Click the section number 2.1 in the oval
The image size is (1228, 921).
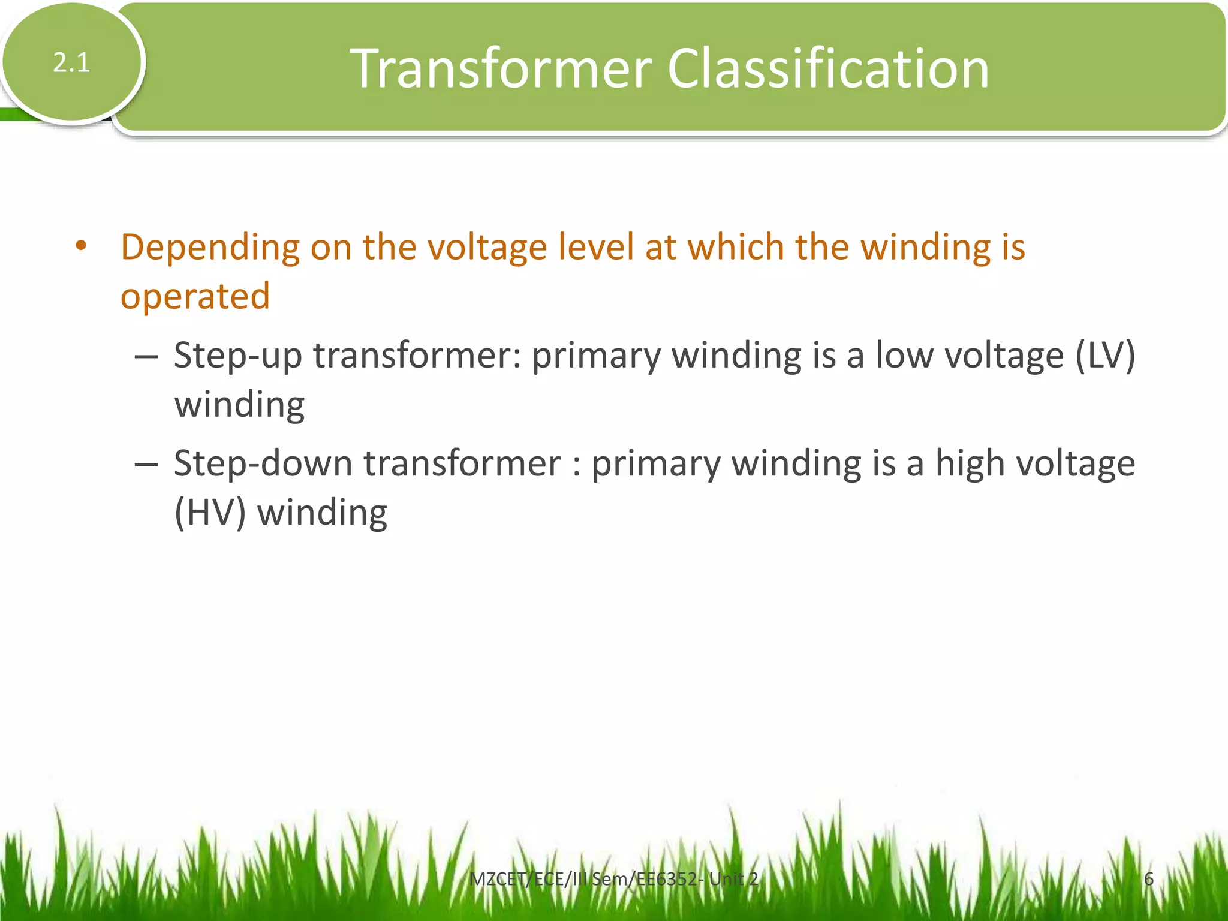pos(71,62)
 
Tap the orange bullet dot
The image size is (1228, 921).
pos(82,246)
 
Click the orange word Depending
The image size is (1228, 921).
pos(210,248)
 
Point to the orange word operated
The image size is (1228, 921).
pos(195,296)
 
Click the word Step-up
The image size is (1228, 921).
pos(237,356)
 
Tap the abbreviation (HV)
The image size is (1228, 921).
pos(210,513)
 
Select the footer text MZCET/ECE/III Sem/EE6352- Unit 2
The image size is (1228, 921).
pos(613,879)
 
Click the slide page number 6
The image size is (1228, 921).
pos(1148,879)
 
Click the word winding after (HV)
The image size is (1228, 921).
pos(322,513)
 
